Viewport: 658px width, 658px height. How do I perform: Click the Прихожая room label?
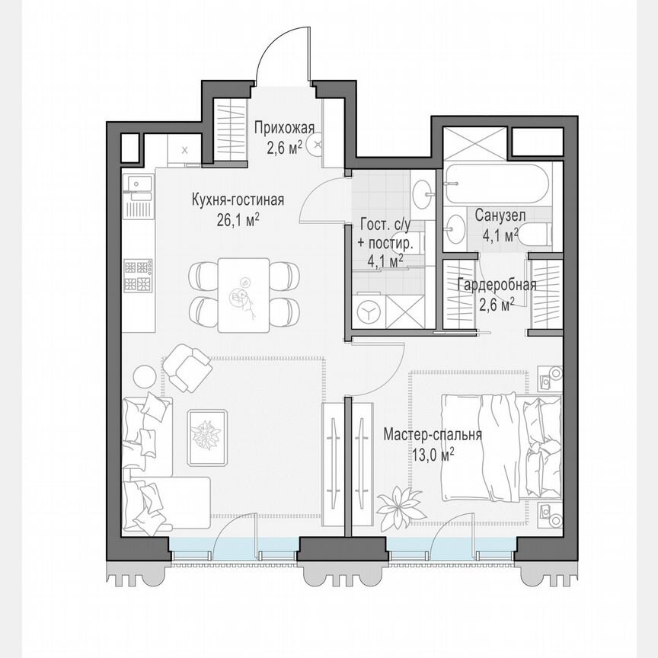coord(284,129)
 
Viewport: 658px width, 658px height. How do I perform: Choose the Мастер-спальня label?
coord(433,435)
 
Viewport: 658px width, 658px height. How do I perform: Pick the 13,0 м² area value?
coord(431,454)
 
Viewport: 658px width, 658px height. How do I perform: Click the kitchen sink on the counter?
coord(138,185)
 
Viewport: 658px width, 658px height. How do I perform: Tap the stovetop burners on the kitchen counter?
coord(139,276)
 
